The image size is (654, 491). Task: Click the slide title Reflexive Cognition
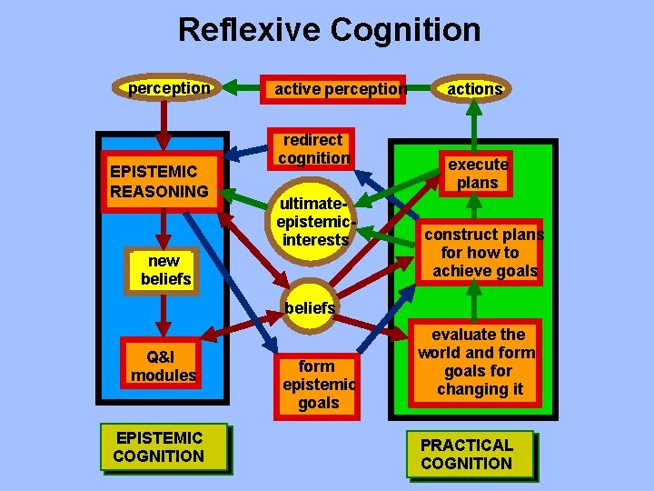pyautogui.click(x=329, y=30)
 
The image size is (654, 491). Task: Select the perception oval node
pyautogui.click(x=169, y=88)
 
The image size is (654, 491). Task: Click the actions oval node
pyautogui.click(x=474, y=88)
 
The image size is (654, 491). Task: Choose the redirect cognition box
pyautogui.click(x=312, y=149)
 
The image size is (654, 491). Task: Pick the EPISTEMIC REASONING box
pyautogui.click(x=160, y=181)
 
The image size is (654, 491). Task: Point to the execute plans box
pyautogui.click(x=477, y=173)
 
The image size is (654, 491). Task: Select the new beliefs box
pyautogui.click(x=163, y=270)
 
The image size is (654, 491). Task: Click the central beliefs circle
pyautogui.click(x=310, y=308)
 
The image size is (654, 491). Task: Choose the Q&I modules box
pyautogui.click(x=163, y=366)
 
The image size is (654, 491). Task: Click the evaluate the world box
pyautogui.click(x=477, y=362)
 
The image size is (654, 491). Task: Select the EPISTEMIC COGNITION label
pyautogui.click(x=159, y=447)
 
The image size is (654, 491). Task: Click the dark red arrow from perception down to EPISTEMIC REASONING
pyautogui.click(x=163, y=123)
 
